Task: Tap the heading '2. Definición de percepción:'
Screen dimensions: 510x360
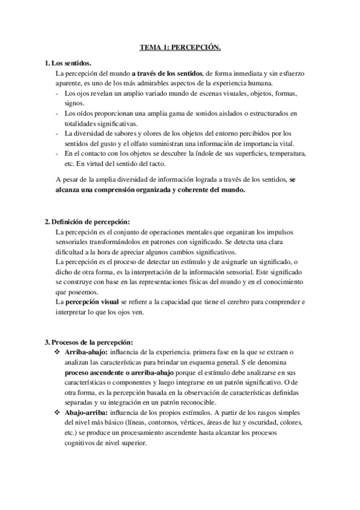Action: tap(87, 221)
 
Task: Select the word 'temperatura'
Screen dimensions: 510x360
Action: tap(285, 154)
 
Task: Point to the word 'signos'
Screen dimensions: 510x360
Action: tap(75, 103)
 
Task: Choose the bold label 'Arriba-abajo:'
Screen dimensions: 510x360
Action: tap(87, 352)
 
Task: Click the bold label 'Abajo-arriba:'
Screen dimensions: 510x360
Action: tap(87, 412)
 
